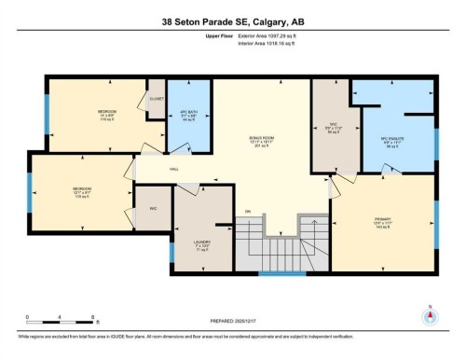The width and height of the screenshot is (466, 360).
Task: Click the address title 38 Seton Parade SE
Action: click(x=233, y=21)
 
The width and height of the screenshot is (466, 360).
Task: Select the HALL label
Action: click(x=174, y=169)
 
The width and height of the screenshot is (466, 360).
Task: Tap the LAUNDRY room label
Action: click(x=202, y=243)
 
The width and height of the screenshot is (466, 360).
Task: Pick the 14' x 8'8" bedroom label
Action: click(x=107, y=114)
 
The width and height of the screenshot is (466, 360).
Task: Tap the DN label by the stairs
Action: click(x=248, y=212)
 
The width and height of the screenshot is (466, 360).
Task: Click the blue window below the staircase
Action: click(x=281, y=274)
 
